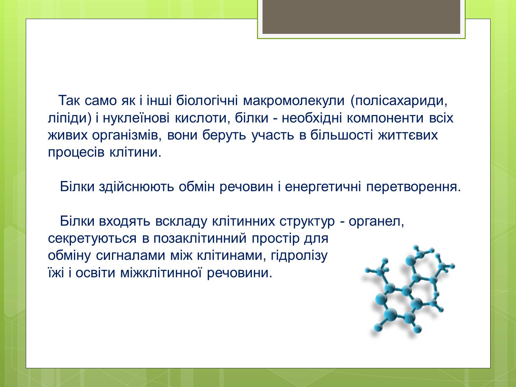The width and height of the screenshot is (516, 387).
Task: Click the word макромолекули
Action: [293, 100]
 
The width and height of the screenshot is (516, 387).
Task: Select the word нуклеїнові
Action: [136, 118]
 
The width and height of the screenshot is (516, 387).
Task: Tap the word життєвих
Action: [408, 135]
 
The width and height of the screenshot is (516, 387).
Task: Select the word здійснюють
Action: [136, 187]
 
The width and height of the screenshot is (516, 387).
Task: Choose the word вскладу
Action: [181, 222]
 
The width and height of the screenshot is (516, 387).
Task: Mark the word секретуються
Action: [92, 239]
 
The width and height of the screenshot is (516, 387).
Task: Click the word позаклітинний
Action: [200, 239]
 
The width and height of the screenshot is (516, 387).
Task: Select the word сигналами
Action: [131, 256]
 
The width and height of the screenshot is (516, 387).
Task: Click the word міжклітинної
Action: [161, 273]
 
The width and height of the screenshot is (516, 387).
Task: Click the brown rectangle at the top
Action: [361, 17]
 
